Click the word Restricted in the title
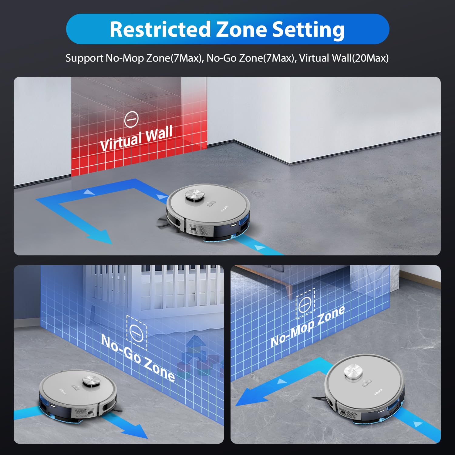click(x=160, y=29)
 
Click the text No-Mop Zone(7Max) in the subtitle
click(x=153, y=58)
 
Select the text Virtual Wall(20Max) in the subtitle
click(x=344, y=58)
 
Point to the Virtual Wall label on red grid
click(x=136, y=138)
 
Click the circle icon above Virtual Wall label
click(x=131, y=120)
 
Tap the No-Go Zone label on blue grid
click(x=138, y=358)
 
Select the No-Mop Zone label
click(x=307, y=326)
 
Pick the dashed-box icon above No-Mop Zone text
click(x=305, y=303)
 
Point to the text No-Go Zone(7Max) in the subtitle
click(x=251, y=58)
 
